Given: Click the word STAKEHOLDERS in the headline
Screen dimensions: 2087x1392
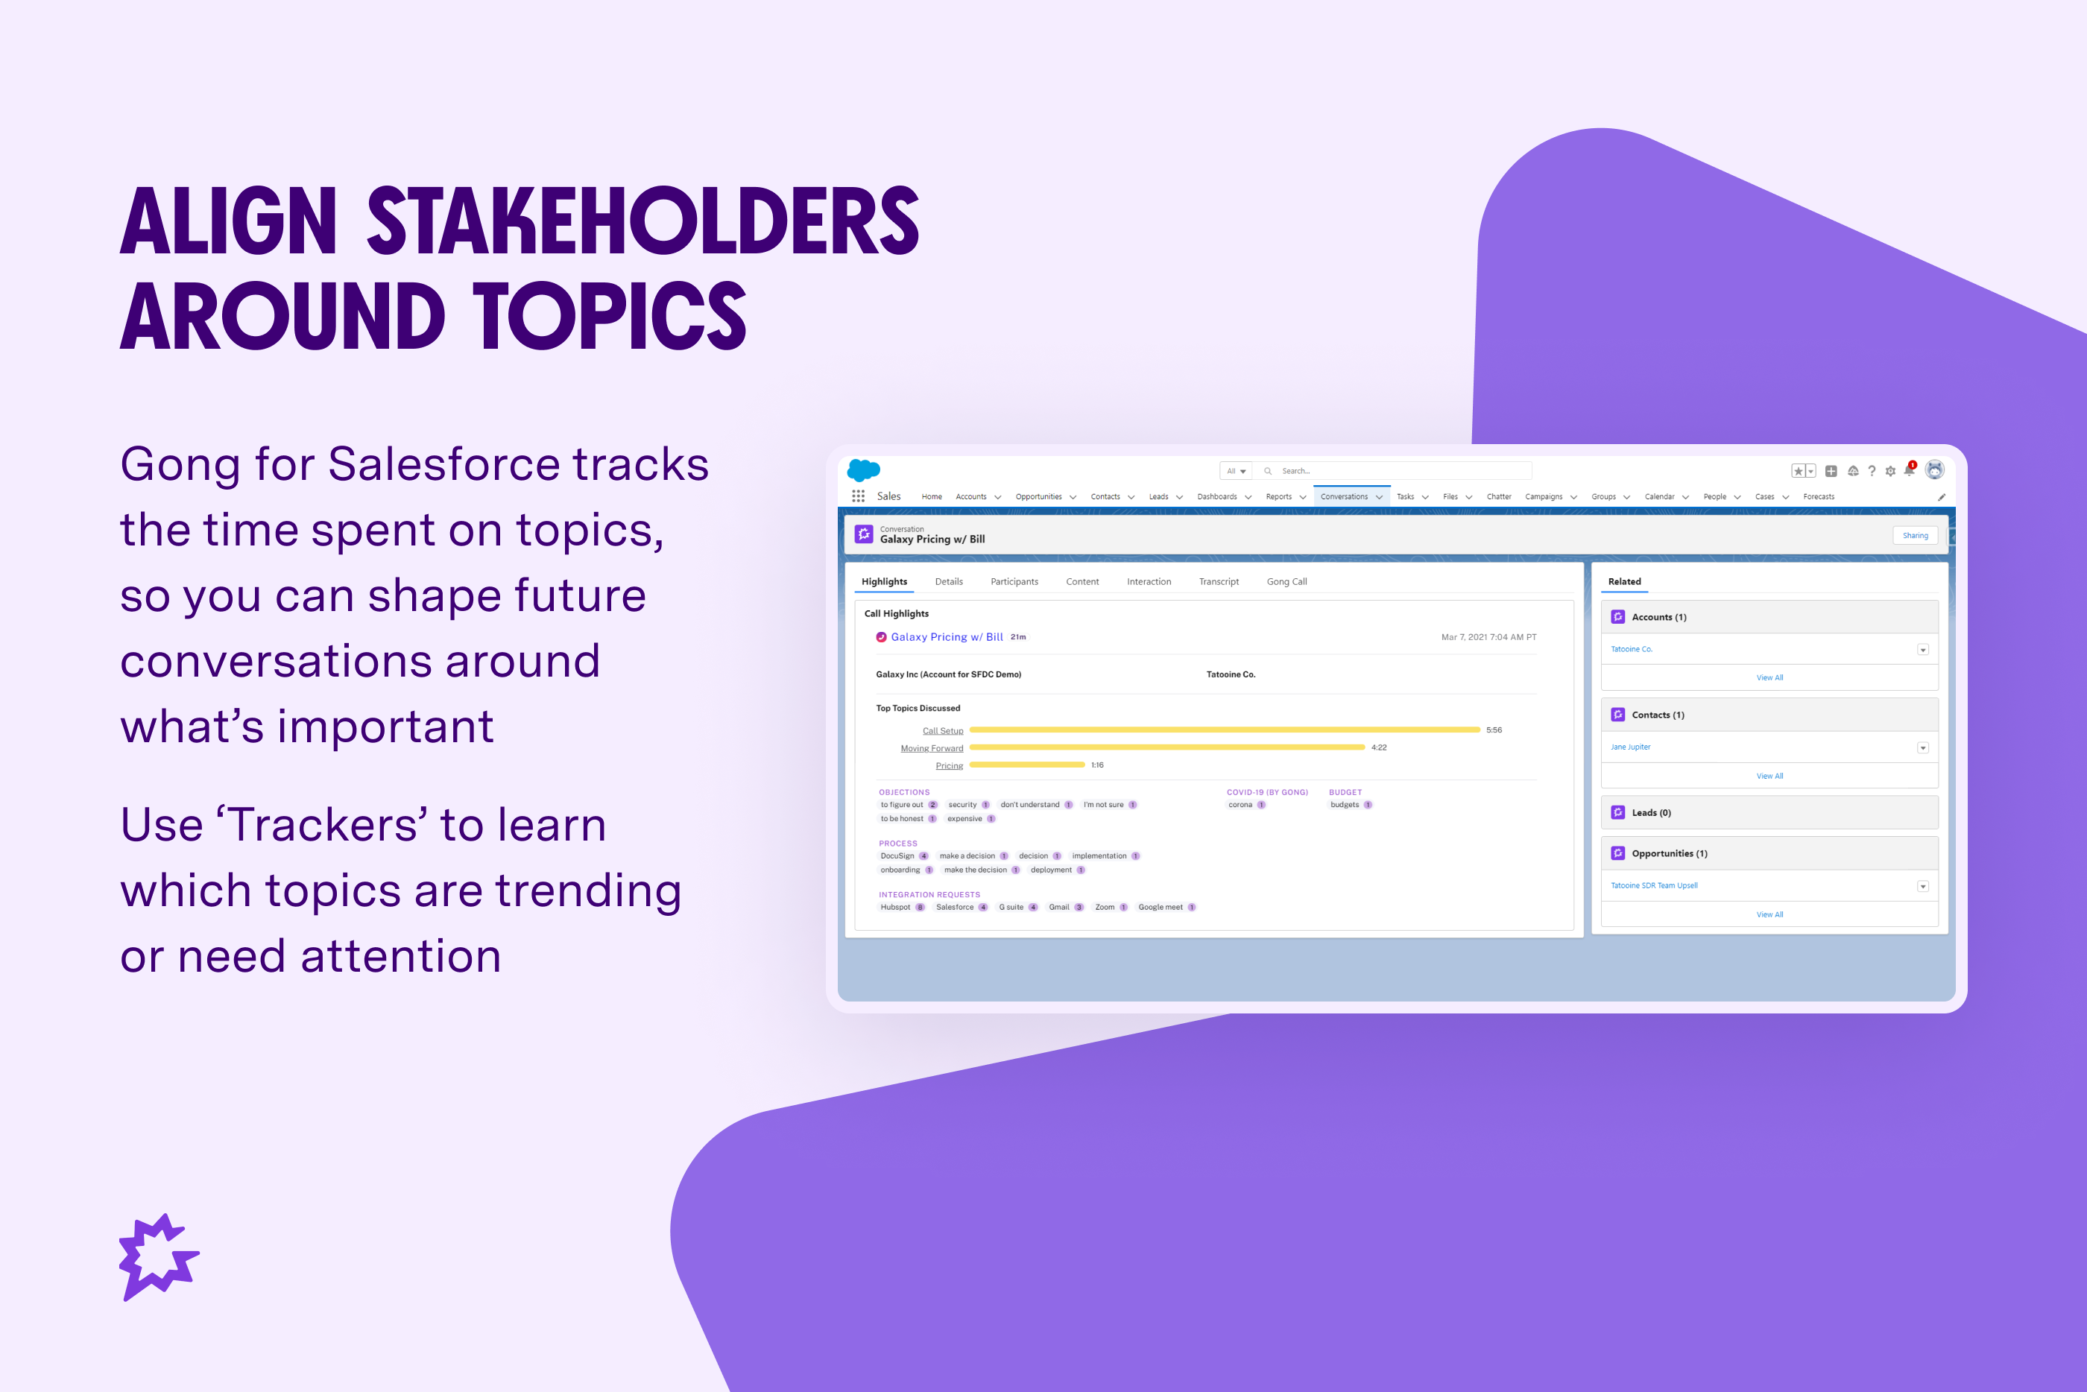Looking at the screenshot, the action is click(x=643, y=221).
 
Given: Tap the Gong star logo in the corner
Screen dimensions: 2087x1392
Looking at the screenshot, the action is click(x=159, y=1256).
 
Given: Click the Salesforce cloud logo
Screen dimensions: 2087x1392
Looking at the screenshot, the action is click(x=864, y=469).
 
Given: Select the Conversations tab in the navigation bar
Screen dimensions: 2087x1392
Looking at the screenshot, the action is click(x=1344, y=497).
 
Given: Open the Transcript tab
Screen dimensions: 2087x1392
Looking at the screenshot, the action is click(x=1219, y=581).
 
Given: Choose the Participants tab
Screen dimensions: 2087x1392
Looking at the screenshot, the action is click(x=1014, y=581).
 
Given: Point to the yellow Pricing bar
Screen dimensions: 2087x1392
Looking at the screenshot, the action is click(x=1027, y=765).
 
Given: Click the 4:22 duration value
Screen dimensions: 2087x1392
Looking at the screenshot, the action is click(x=1379, y=747).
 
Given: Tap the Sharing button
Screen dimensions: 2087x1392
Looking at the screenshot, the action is click(x=1915, y=535).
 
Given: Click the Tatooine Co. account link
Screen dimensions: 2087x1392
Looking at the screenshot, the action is click(x=1632, y=649).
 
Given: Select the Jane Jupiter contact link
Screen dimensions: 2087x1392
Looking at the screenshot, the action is click(x=1631, y=747).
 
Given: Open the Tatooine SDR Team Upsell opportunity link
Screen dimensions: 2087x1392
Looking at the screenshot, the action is click(x=1654, y=885).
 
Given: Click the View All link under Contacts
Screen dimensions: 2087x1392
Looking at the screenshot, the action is click(x=1769, y=776).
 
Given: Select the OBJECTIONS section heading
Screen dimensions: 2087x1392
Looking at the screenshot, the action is click(x=903, y=792).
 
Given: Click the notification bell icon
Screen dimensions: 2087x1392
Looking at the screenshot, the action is click(x=1909, y=470).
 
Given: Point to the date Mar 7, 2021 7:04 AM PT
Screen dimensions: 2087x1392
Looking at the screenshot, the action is click(x=1488, y=637).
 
